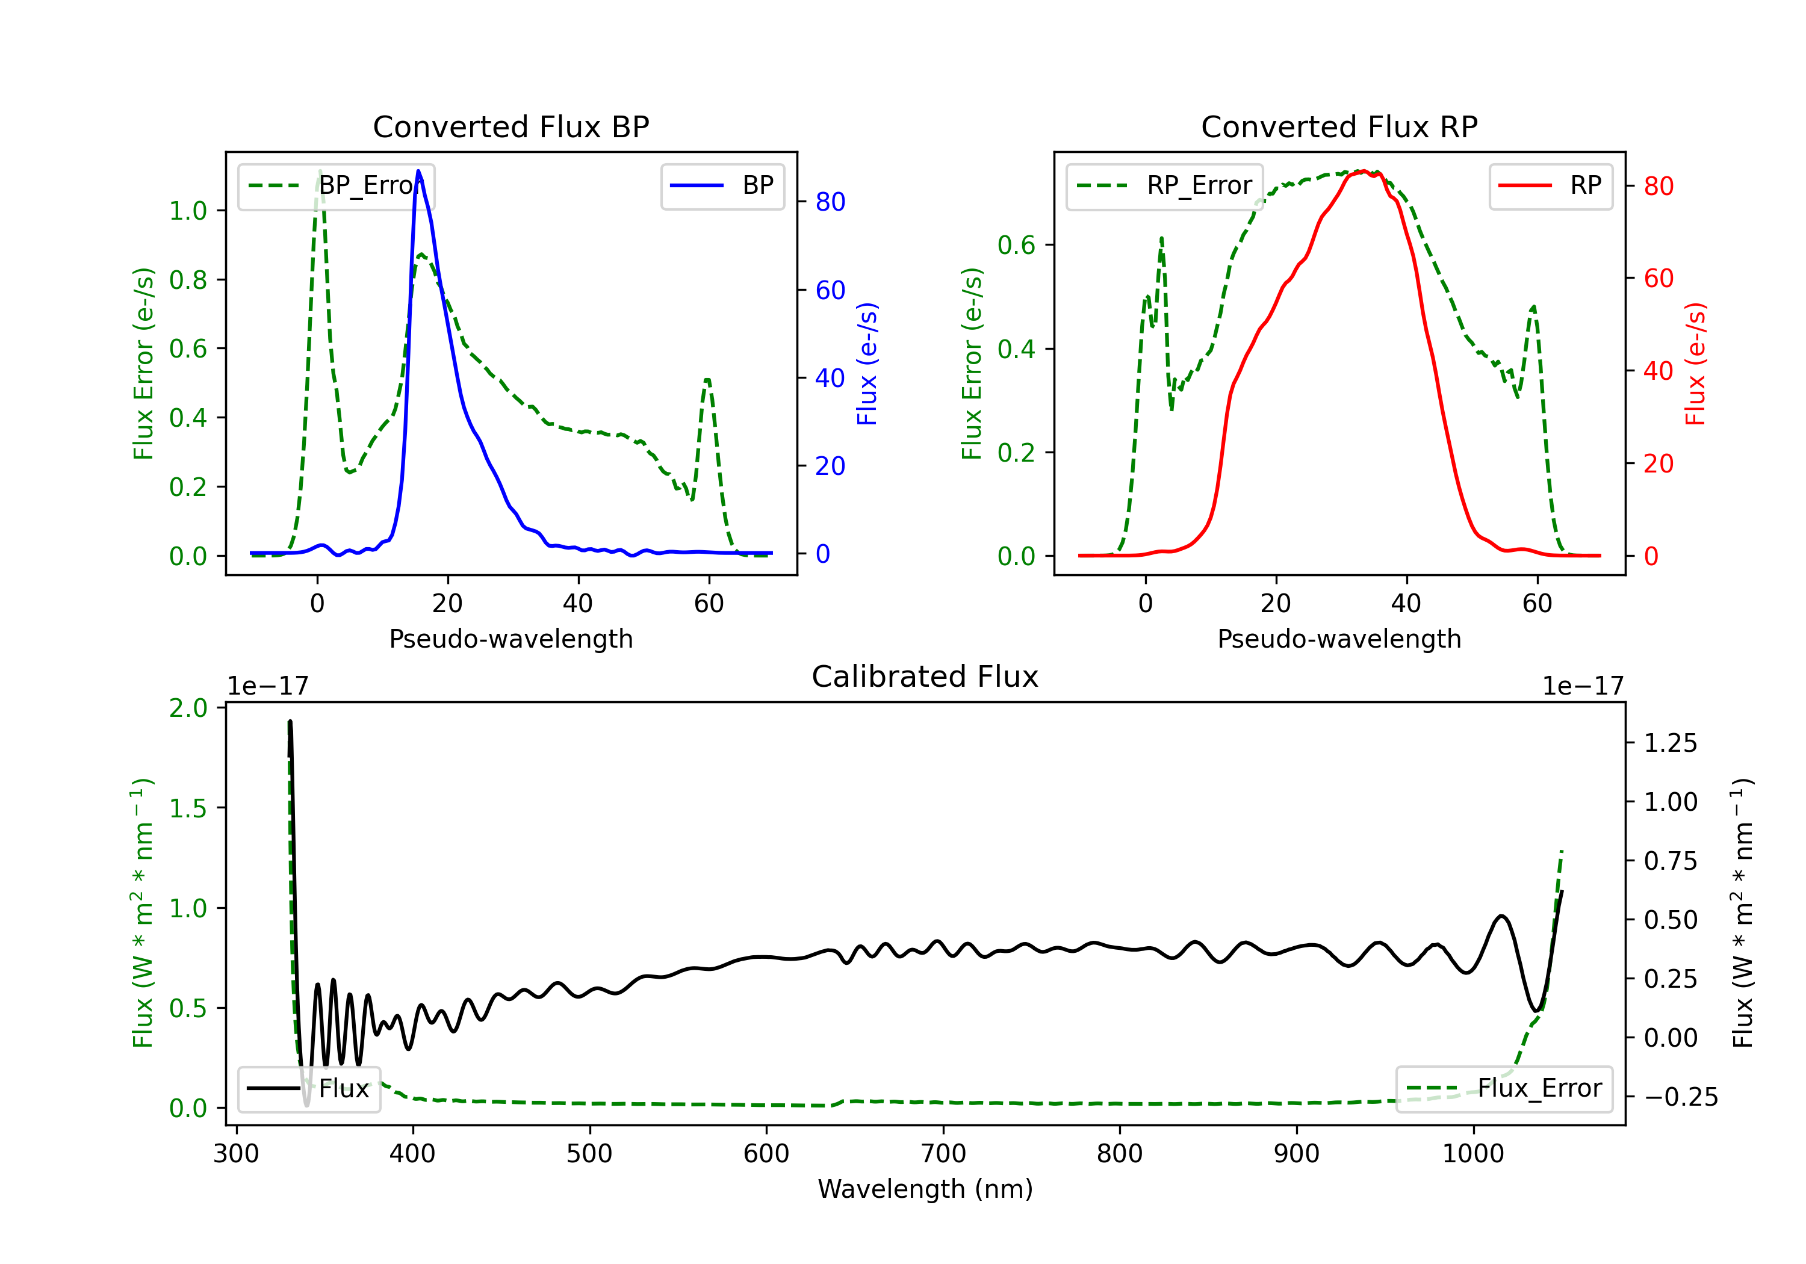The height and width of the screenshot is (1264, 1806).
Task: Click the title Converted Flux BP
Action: (510, 126)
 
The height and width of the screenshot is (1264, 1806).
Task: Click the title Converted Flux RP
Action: (1339, 126)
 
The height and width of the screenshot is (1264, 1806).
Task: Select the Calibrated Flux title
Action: (925, 677)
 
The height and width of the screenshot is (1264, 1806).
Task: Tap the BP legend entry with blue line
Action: (722, 185)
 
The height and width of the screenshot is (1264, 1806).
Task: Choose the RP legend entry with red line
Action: (1550, 185)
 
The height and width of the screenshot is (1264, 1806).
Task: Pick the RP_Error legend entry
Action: (1164, 185)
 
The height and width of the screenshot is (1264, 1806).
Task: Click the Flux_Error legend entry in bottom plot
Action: (1504, 1089)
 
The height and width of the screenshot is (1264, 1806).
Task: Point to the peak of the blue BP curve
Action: (418, 171)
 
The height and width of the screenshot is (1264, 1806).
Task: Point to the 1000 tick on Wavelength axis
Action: (1473, 1154)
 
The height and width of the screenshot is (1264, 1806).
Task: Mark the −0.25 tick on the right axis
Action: (1681, 1097)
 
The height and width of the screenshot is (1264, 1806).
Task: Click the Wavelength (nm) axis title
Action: (925, 1189)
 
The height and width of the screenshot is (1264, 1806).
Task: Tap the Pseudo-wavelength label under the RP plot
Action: (1339, 639)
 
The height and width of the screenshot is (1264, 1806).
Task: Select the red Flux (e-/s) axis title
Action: (1695, 364)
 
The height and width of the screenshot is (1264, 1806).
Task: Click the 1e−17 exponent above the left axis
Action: (267, 686)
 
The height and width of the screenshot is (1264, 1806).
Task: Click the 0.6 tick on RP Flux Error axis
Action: (1016, 246)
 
